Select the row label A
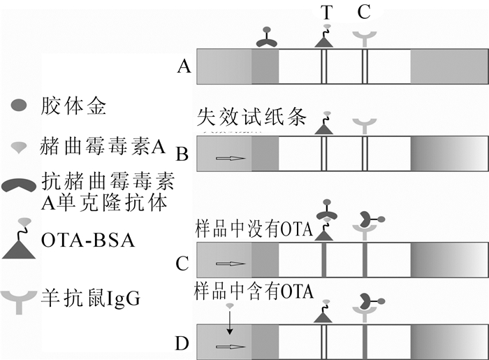coord(184,66)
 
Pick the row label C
coord(183,263)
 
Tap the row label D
coord(183,344)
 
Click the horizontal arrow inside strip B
coord(230,158)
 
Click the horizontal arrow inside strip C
coord(230,264)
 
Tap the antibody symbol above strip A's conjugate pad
coord(266,39)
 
